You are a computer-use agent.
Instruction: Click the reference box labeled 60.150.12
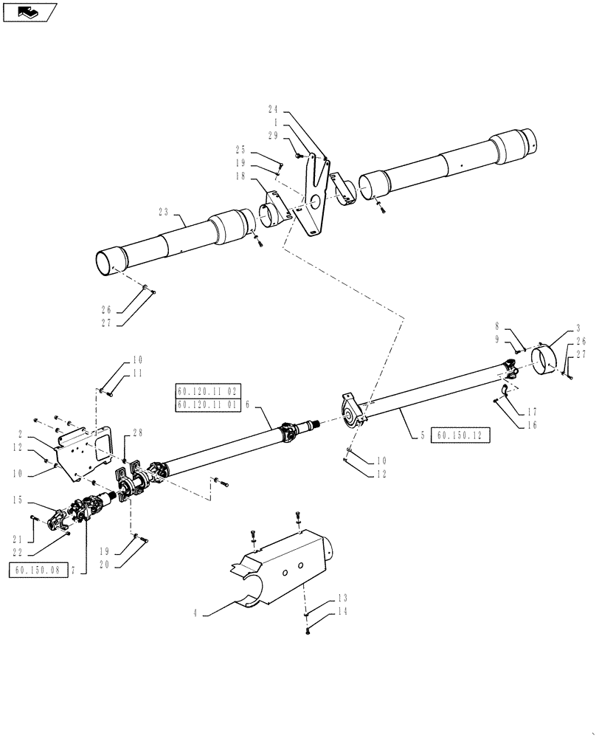[x=459, y=435]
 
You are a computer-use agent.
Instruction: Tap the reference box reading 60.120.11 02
[x=209, y=392]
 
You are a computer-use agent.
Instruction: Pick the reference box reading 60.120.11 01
[x=209, y=405]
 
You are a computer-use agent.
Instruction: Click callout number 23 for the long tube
[x=163, y=211]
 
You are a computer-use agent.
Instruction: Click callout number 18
[x=240, y=176]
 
